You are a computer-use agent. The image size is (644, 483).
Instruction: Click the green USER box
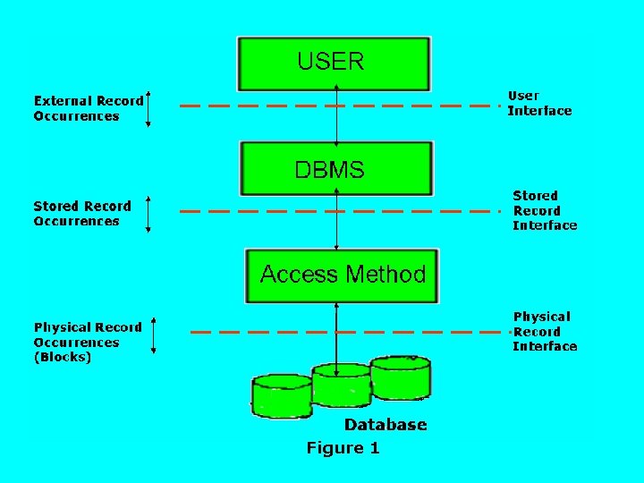[333, 63]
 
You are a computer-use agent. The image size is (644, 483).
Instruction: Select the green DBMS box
[335, 169]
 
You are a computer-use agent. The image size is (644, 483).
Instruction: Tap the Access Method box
[343, 275]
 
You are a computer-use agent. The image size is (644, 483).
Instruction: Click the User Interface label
[539, 103]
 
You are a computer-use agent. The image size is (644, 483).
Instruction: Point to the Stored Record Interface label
[544, 210]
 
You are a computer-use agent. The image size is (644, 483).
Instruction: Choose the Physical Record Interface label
[544, 331]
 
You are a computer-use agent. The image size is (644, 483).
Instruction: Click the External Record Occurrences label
[88, 108]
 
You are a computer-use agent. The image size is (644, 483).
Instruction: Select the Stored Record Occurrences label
[82, 213]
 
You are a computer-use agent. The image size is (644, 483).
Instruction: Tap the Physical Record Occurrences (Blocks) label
[88, 342]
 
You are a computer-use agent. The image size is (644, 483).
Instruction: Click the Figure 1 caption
[343, 448]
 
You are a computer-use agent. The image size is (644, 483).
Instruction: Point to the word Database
[386, 425]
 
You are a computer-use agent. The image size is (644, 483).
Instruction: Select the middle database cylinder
[340, 386]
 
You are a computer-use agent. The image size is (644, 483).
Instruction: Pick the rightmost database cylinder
[400, 377]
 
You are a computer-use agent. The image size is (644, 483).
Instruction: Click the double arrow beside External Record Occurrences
[148, 108]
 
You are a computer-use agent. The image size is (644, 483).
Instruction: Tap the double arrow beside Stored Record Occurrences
[148, 215]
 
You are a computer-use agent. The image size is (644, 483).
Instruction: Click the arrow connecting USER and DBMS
[336, 116]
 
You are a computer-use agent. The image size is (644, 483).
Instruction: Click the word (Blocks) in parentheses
[63, 357]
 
